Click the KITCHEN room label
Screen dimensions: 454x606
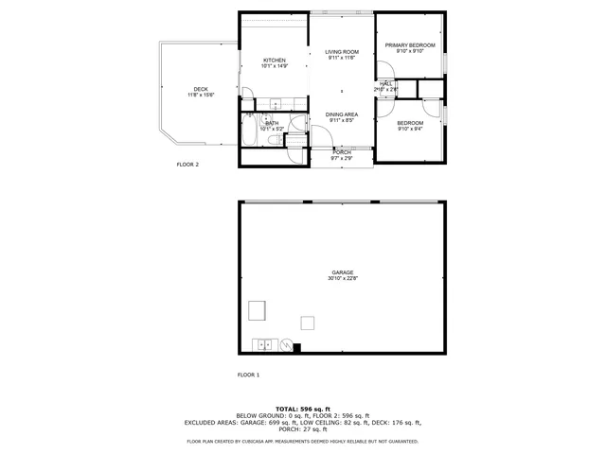(274, 61)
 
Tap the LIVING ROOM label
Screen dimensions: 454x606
(341, 51)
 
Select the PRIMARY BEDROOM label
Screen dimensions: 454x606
(409, 45)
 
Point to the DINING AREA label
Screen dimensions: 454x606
(342, 113)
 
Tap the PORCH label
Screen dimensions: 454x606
(341, 152)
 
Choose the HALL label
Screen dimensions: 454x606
(386, 83)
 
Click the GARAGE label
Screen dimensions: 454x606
(342, 272)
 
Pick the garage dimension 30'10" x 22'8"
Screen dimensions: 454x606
(342, 278)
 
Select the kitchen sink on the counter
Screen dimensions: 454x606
(274, 103)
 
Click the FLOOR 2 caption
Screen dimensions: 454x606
(187, 165)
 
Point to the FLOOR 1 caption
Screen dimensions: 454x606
(247, 375)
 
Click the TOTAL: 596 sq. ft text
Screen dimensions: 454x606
(302, 409)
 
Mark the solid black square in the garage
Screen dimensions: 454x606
(296, 347)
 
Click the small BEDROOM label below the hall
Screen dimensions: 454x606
(409, 123)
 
